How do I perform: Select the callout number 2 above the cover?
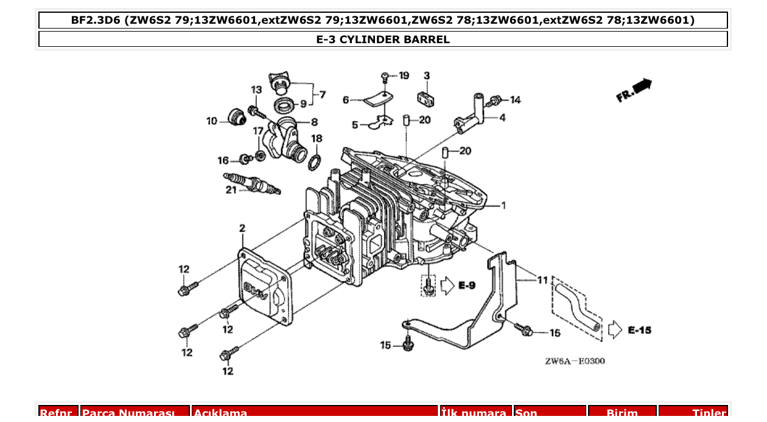[242, 229]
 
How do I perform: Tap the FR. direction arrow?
[634, 90]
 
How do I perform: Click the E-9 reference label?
[467, 285]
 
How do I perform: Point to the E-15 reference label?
[639, 330]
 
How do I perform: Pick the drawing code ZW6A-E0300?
[575, 361]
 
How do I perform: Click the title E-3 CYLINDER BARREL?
[383, 40]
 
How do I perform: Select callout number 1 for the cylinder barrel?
[503, 206]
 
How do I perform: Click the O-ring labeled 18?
[315, 162]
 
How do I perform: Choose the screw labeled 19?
[385, 77]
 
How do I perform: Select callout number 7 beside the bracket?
[322, 95]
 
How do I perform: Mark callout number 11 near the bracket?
[542, 280]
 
